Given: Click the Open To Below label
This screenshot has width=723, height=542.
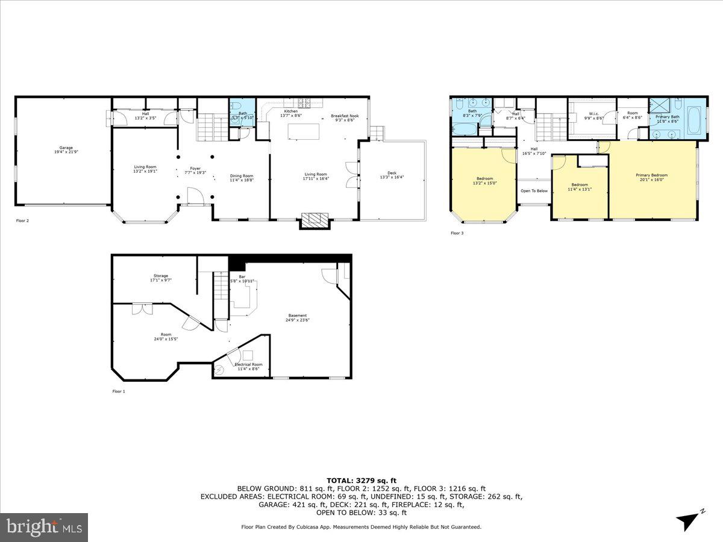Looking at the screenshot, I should coord(534,191).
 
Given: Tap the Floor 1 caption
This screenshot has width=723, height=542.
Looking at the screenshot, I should coord(119,391).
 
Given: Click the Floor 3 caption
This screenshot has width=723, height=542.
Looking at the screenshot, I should coord(458,233).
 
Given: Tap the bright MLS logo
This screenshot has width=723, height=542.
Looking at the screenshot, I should coord(44,528).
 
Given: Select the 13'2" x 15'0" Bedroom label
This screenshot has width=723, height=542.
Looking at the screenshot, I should coord(485,180).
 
